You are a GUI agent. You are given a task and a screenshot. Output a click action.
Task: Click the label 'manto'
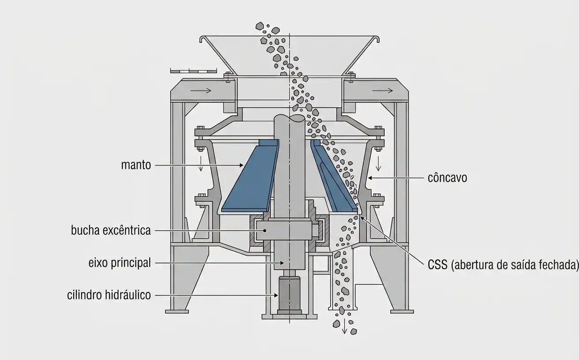pyautogui.click(x=136, y=165)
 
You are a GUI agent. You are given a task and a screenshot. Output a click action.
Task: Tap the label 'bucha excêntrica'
pyautogui.click(x=111, y=230)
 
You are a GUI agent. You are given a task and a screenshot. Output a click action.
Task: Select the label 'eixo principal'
pyautogui.click(x=120, y=263)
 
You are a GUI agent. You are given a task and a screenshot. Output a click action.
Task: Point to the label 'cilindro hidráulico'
pyautogui.click(x=109, y=295)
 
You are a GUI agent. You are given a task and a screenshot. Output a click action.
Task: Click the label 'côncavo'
pyautogui.click(x=447, y=178)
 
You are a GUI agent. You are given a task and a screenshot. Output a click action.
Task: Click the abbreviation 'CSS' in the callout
pyautogui.click(x=438, y=265)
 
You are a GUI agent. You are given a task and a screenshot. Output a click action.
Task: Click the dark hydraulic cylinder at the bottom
pyautogui.click(x=289, y=295)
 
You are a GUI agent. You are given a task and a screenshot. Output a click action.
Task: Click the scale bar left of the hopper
pyautogui.click(x=193, y=70)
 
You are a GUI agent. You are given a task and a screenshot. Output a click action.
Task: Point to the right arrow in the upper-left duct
pyautogui.click(x=201, y=90)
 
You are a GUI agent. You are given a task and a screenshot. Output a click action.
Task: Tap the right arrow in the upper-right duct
pyautogui.click(x=383, y=90)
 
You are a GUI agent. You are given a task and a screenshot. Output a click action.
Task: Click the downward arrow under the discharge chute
pyautogui.click(x=344, y=326)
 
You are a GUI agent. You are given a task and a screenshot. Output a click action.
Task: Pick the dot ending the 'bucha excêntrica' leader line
pyautogui.click(x=265, y=231)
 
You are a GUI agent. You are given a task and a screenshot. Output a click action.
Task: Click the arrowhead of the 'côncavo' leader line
pyautogui.click(x=370, y=178)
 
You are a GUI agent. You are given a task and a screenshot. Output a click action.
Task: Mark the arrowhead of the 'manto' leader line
pyautogui.click(x=241, y=165)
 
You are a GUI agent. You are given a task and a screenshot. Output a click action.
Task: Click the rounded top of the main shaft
pyautogui.click(x=289, y=118)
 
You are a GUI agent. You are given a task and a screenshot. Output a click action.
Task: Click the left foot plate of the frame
pyautogui.click(x=177, y=311)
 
